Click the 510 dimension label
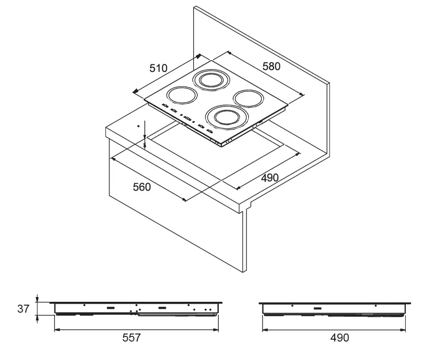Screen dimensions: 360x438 pyautogui.click(x=158, y=68)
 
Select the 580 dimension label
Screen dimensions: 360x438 pyautogui.click(x=271, y=66)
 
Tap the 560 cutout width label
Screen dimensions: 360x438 pyautogui.click(x=142, y=187)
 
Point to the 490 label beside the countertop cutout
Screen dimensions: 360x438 pyautogui.click(x=269, y=178)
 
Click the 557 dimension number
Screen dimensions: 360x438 pyautogui.click(x=132, y=338)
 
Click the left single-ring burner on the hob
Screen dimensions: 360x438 pyautogui.click(x=181, y=95)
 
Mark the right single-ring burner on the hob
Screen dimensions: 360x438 pyautogui.click(x=249, y=98)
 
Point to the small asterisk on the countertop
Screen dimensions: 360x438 pyautogui.click(x=138, y=126)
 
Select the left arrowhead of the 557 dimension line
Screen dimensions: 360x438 pyautogui.click(x=56, y=330)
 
